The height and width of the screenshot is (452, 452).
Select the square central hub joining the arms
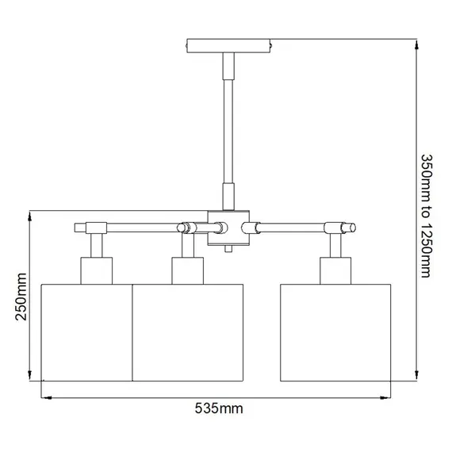click(x=228, y=228)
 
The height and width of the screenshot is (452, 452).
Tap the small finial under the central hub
click(x=228, y=249)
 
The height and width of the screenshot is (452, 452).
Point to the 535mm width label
click(x=218, y=409)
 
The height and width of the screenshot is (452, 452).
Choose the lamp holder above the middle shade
click(x=184, y=269)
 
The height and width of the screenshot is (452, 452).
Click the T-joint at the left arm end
click(x=94, y=228)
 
